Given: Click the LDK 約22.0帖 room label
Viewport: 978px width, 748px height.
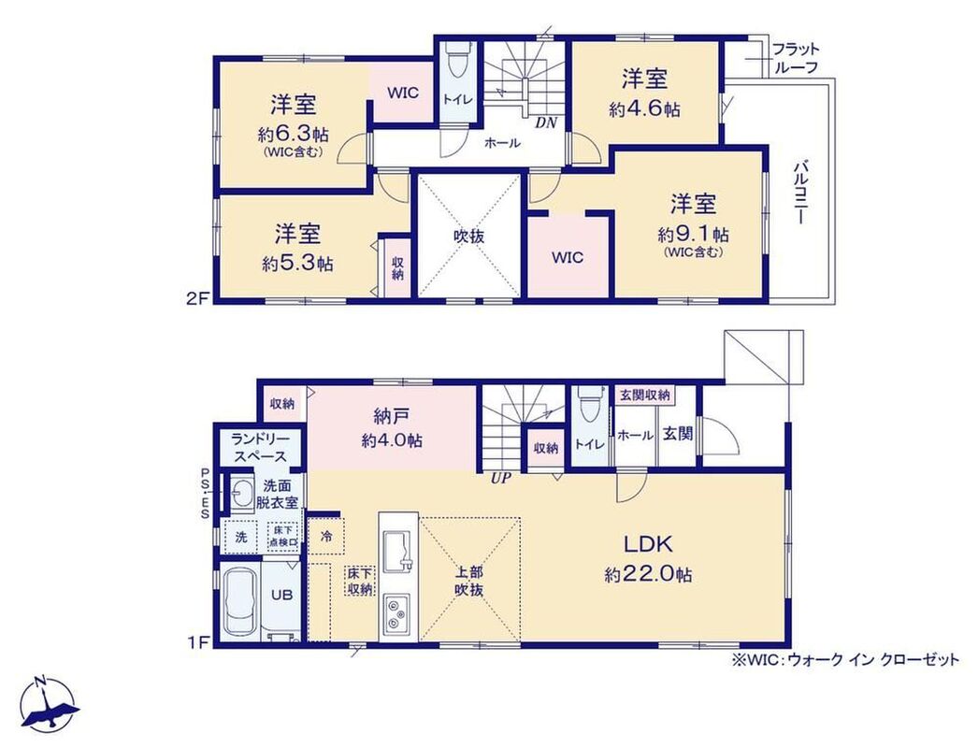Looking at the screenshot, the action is point(648,558).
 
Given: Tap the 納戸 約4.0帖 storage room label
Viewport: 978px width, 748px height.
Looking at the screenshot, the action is point(392,428).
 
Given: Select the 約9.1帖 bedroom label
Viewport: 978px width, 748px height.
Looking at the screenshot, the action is point(693,225).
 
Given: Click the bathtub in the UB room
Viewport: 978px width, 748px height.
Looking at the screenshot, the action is point(240,602).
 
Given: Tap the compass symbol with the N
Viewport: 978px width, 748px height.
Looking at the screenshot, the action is point(49,704).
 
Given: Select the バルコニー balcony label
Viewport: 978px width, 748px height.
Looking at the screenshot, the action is point(800,193).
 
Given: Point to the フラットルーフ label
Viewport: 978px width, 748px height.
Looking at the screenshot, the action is point(796,58).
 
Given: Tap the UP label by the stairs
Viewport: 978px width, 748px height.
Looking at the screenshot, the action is point(501,479).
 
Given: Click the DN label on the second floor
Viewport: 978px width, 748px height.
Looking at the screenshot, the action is point(546,122).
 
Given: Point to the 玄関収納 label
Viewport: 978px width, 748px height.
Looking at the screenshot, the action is point(644,395).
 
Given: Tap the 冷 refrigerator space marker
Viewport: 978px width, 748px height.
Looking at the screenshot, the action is point(326,536).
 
